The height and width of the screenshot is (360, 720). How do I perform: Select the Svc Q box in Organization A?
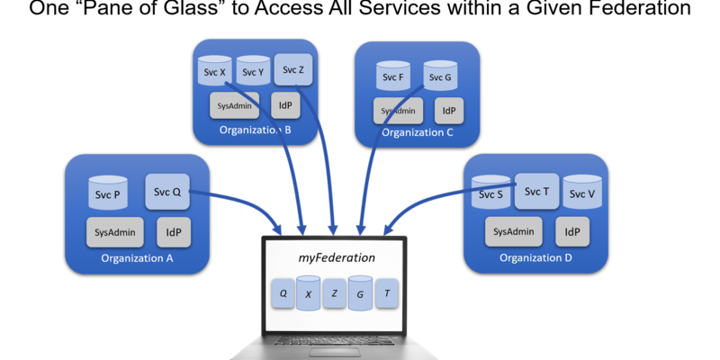point(167,192)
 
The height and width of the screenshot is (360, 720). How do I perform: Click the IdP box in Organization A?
point(173,231)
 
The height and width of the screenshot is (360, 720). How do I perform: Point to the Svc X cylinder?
point(215,72)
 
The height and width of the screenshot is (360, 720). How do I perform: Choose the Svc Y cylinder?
point(254,72)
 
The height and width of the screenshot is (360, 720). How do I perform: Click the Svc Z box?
point(293,70)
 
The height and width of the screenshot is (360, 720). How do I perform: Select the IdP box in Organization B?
point(285,105)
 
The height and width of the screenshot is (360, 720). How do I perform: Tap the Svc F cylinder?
point(394,78)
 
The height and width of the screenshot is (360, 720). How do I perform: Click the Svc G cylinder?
point(441,77)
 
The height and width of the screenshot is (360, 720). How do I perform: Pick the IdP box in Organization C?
point(449,111)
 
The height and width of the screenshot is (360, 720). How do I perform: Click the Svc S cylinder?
point(490,193)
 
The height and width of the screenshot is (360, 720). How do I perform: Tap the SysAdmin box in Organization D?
point(513,231)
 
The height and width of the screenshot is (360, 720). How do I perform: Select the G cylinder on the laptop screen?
point(360,293)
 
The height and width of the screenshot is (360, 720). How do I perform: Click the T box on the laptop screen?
point(387,293)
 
